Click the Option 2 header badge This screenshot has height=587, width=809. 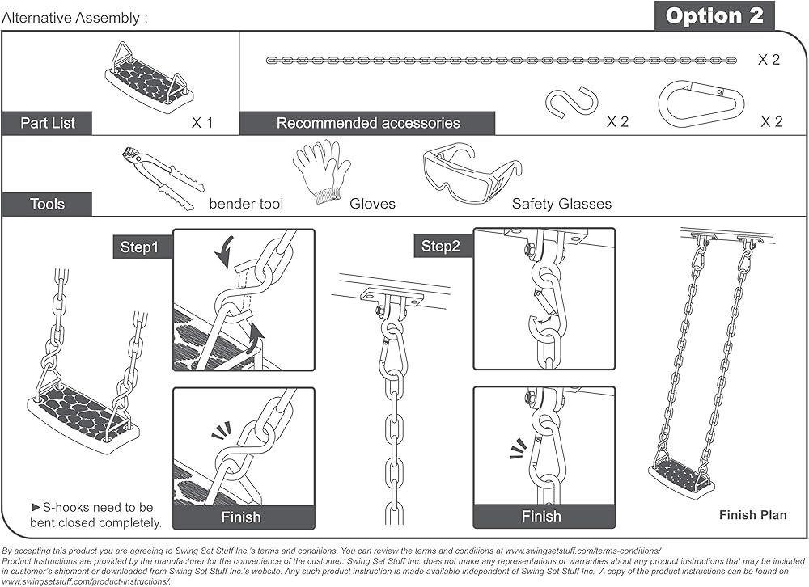pyautogui.click(x=714, y=16)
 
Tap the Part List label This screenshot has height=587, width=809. pyautogui.click(x=48, y=123)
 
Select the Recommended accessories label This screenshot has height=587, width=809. pyautogui.click(x=368, y=123)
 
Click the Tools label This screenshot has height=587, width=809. pyautogui.click(x=47, y=205)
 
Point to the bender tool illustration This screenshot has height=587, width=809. pyautogui.click(x=163, y=178)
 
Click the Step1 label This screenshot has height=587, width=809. pyautogui.click(x=139, y=247)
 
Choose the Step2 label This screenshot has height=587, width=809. pyautogui.click(x=440, y=246)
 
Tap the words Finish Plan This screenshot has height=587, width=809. pyautogui.click(x=752, y=515)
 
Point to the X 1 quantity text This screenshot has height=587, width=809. pyautogui.click(x=202, y=123)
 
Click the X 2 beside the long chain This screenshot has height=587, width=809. pyautogui.click(x=769, y=59)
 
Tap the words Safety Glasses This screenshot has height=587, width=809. pyautogui.click(x=561, y=204)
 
